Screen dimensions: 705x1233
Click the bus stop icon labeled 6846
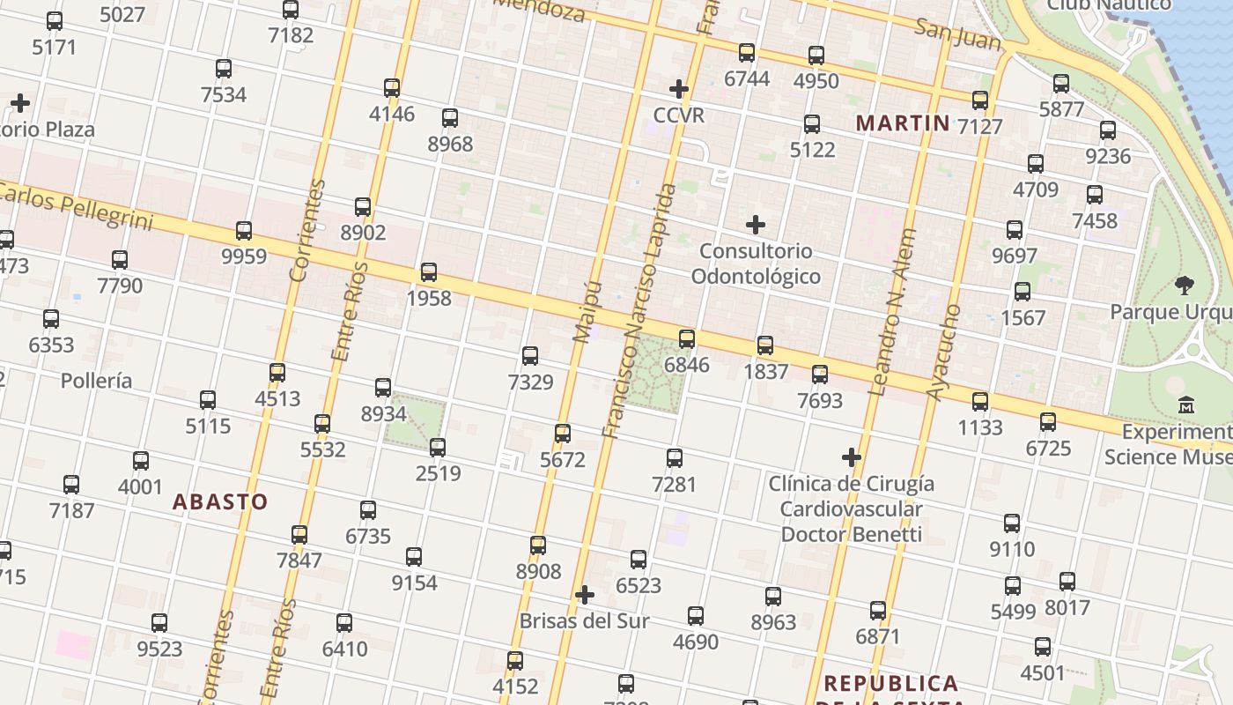pyautogui.click(x=687, y=338)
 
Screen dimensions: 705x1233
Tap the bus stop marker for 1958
pyautogui.click(x=429, y=272)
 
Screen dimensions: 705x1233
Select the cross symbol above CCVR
pyautogui.click(x=679, y=89)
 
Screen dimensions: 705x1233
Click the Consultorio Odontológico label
pyautogui.click(x=756, y=263)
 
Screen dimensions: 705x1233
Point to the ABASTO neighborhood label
pyautogui.click(x=220, y=502)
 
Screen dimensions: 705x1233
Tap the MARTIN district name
pyautogui.click(x=903, y=123)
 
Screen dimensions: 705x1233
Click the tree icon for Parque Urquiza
pyautogui.click(x=1185, y=286)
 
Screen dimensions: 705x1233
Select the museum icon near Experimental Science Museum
pyautogui.click(x=1186, y=406)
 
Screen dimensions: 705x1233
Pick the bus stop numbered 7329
pyautogui.click(x=530, y=356)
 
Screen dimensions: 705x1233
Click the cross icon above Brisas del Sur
pyautogui.click(x=585, y=595)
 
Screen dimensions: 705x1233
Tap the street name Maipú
pyautogui.click(x=587, y=312)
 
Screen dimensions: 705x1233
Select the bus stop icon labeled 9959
pyautogui.click(x=244, y=231)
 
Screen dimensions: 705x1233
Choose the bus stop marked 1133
pyautogui.click(x=980, y=402)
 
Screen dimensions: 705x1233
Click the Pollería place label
pyautogui.click(x=97, y=381)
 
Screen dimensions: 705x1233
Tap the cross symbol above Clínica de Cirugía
pyautogui.click(x=852, y=457)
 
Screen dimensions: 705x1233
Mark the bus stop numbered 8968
pyautogui.click(x=450, y=118)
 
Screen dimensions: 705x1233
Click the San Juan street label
pyautogui.click(x=958, y=35)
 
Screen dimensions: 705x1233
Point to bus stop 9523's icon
pyautogui.click(x=159, y=623)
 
